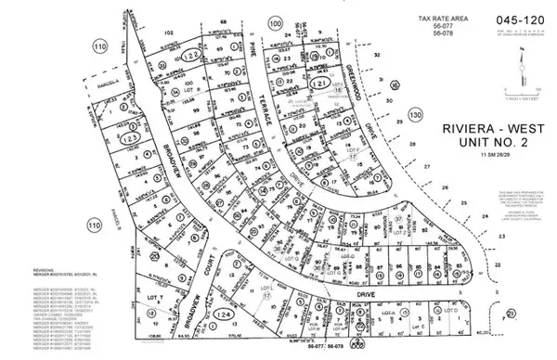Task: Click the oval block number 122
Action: click(x=189, y=57)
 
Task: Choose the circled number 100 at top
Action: click(x=274, y=21)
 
